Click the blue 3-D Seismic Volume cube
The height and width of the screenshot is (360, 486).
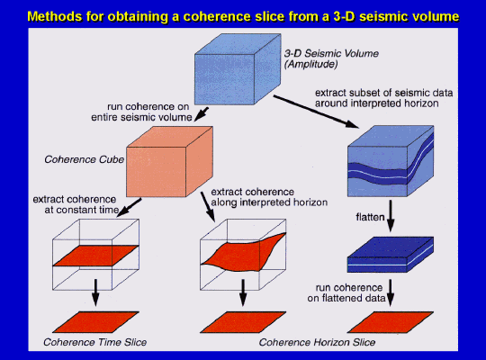pyautogui.click(x=238, y=69)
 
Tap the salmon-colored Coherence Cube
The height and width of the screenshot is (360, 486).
pyautogui.click(x=169, y=161)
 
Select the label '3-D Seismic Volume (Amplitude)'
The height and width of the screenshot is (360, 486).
pyautogui.click(x=331, y=58)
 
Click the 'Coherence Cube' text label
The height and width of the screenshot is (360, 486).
pyautogui.click(x=84, y=159)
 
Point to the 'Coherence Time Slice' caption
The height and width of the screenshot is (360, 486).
pyautogui.click(x=94, y=342)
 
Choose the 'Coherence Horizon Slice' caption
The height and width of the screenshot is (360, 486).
pyautogui.click(x=317, y=342)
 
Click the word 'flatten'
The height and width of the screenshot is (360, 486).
pyautogui.click(x=370, y=217)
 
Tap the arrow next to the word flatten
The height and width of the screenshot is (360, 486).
pyautogui.click(x=391, y=216)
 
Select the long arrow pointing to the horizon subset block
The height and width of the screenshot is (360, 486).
pyautogui.click(x=316, y=112)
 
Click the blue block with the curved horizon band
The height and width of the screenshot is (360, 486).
pyautogui.click(x=391, y=161)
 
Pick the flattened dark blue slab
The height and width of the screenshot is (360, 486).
pyautogui.click(x=391, y=255)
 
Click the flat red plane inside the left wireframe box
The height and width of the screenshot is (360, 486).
pyautogui.click(x=95, y=256)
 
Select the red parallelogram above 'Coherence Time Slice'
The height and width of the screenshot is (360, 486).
pyautogui.click(x=95, y=322)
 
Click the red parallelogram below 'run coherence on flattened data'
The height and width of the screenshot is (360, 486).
pyautogui.click(x=391, y=322)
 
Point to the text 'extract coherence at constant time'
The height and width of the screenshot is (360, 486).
pyautogui.click(x=76, y=204)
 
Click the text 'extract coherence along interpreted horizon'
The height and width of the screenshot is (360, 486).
pyautogui.click(x=269, y=197)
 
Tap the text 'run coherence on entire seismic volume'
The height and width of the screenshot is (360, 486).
pyautogui.click(x=141, y=112)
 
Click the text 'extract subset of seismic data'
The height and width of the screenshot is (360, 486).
pyautogui.click(x=383, y=93)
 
